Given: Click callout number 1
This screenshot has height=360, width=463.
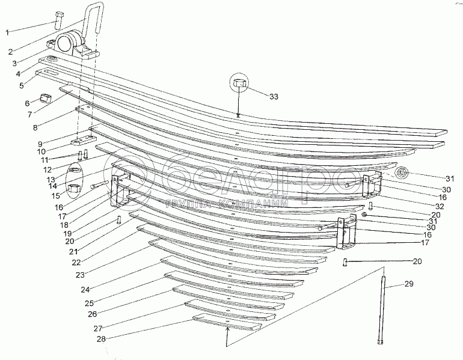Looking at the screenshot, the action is [8, 32].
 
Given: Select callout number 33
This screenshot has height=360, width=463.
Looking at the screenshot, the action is [274, 96].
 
